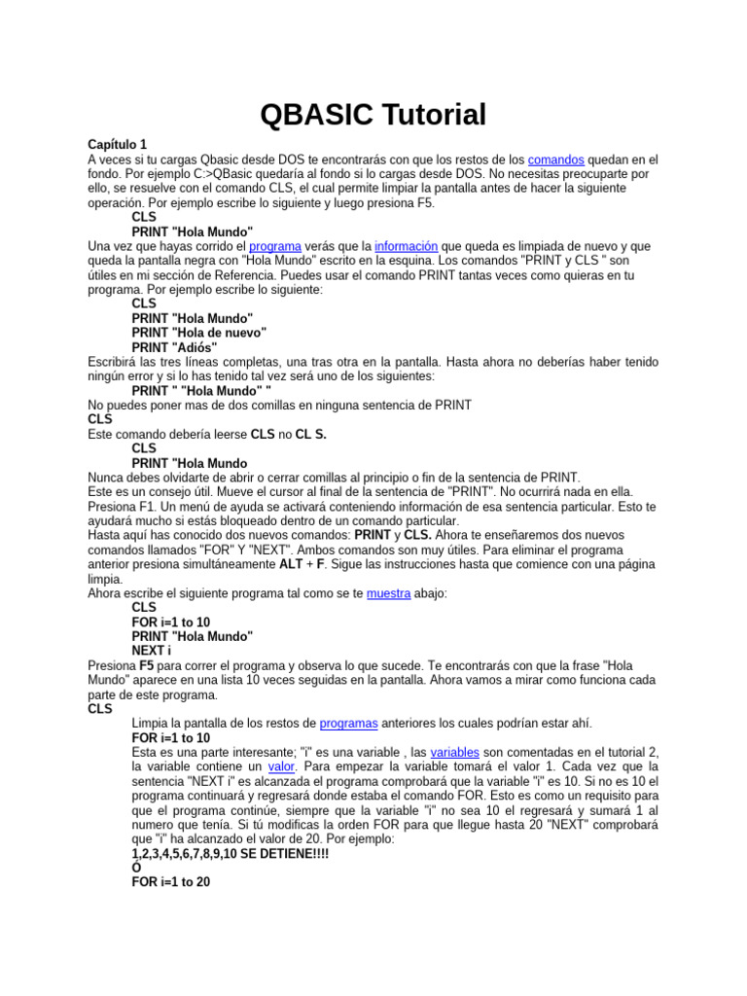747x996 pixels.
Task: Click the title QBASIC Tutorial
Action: [373, 116]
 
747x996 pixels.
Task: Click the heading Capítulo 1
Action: [117, 144]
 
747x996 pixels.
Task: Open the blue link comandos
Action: [557, 159]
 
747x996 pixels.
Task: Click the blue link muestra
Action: [388, 592]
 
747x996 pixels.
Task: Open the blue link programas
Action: [348, 724]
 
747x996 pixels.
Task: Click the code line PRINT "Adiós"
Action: [175, 347]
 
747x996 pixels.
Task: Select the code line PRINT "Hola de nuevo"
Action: [198, 333]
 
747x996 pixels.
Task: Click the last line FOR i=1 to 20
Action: [171, 883]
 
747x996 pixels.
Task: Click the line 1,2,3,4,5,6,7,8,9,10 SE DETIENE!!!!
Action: [231, 854]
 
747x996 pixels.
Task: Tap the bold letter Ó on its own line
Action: [137, 869]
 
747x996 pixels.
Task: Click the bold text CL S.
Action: [311, 434]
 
